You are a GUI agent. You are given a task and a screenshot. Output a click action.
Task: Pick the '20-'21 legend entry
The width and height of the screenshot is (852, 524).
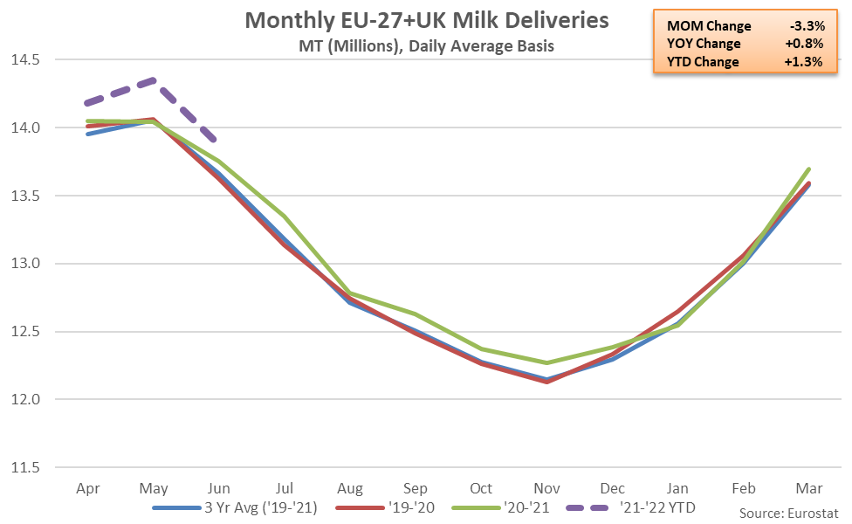point(516,507)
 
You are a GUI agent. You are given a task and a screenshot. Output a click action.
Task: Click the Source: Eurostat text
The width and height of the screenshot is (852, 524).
point(789,511)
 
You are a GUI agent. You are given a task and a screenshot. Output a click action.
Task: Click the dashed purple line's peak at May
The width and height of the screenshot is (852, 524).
point(154,79)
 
